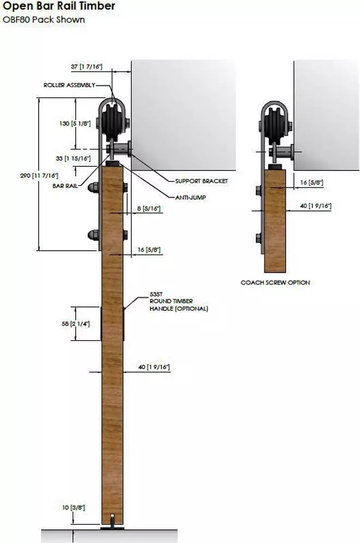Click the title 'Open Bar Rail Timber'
[59, 6]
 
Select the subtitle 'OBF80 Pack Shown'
[44, 20]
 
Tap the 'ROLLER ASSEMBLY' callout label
[69, 85]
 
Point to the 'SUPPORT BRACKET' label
[202, 181]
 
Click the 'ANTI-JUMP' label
[190, 197]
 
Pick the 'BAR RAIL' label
[65, 185]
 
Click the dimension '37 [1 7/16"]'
[87, 67]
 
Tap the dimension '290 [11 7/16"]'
[39, 176]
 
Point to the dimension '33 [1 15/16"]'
[73, 158]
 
